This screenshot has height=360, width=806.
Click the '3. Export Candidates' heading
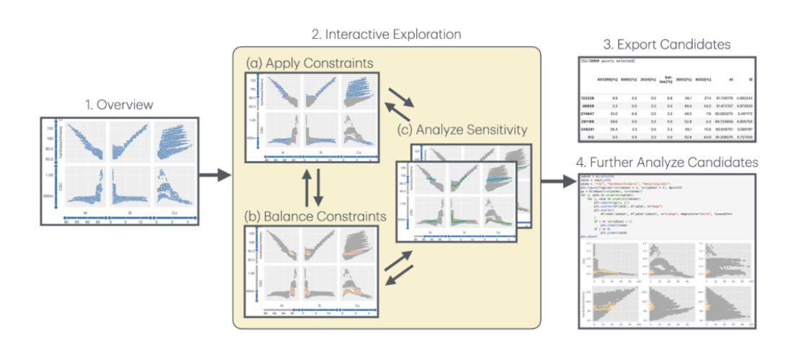pos(666,45)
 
